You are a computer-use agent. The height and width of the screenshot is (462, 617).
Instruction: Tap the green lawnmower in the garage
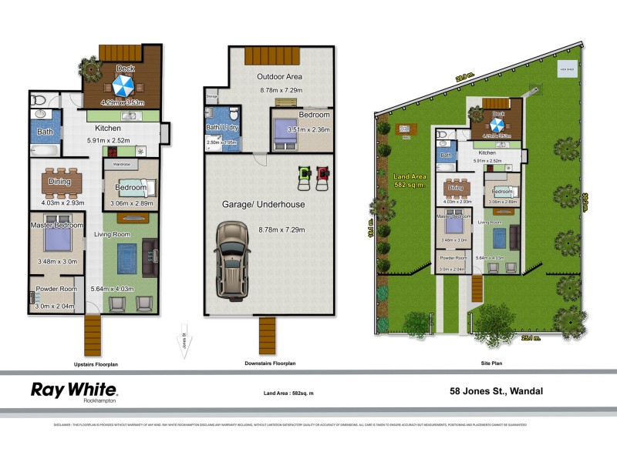(303, 176)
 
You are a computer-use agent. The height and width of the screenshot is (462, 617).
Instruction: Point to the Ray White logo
(74, 390)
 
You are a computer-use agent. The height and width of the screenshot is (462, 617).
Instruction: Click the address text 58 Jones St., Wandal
(496, 391)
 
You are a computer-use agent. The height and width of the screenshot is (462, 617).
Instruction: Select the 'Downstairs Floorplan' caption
(270, 363)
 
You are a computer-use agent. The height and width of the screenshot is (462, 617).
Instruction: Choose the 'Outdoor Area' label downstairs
(278, 77)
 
